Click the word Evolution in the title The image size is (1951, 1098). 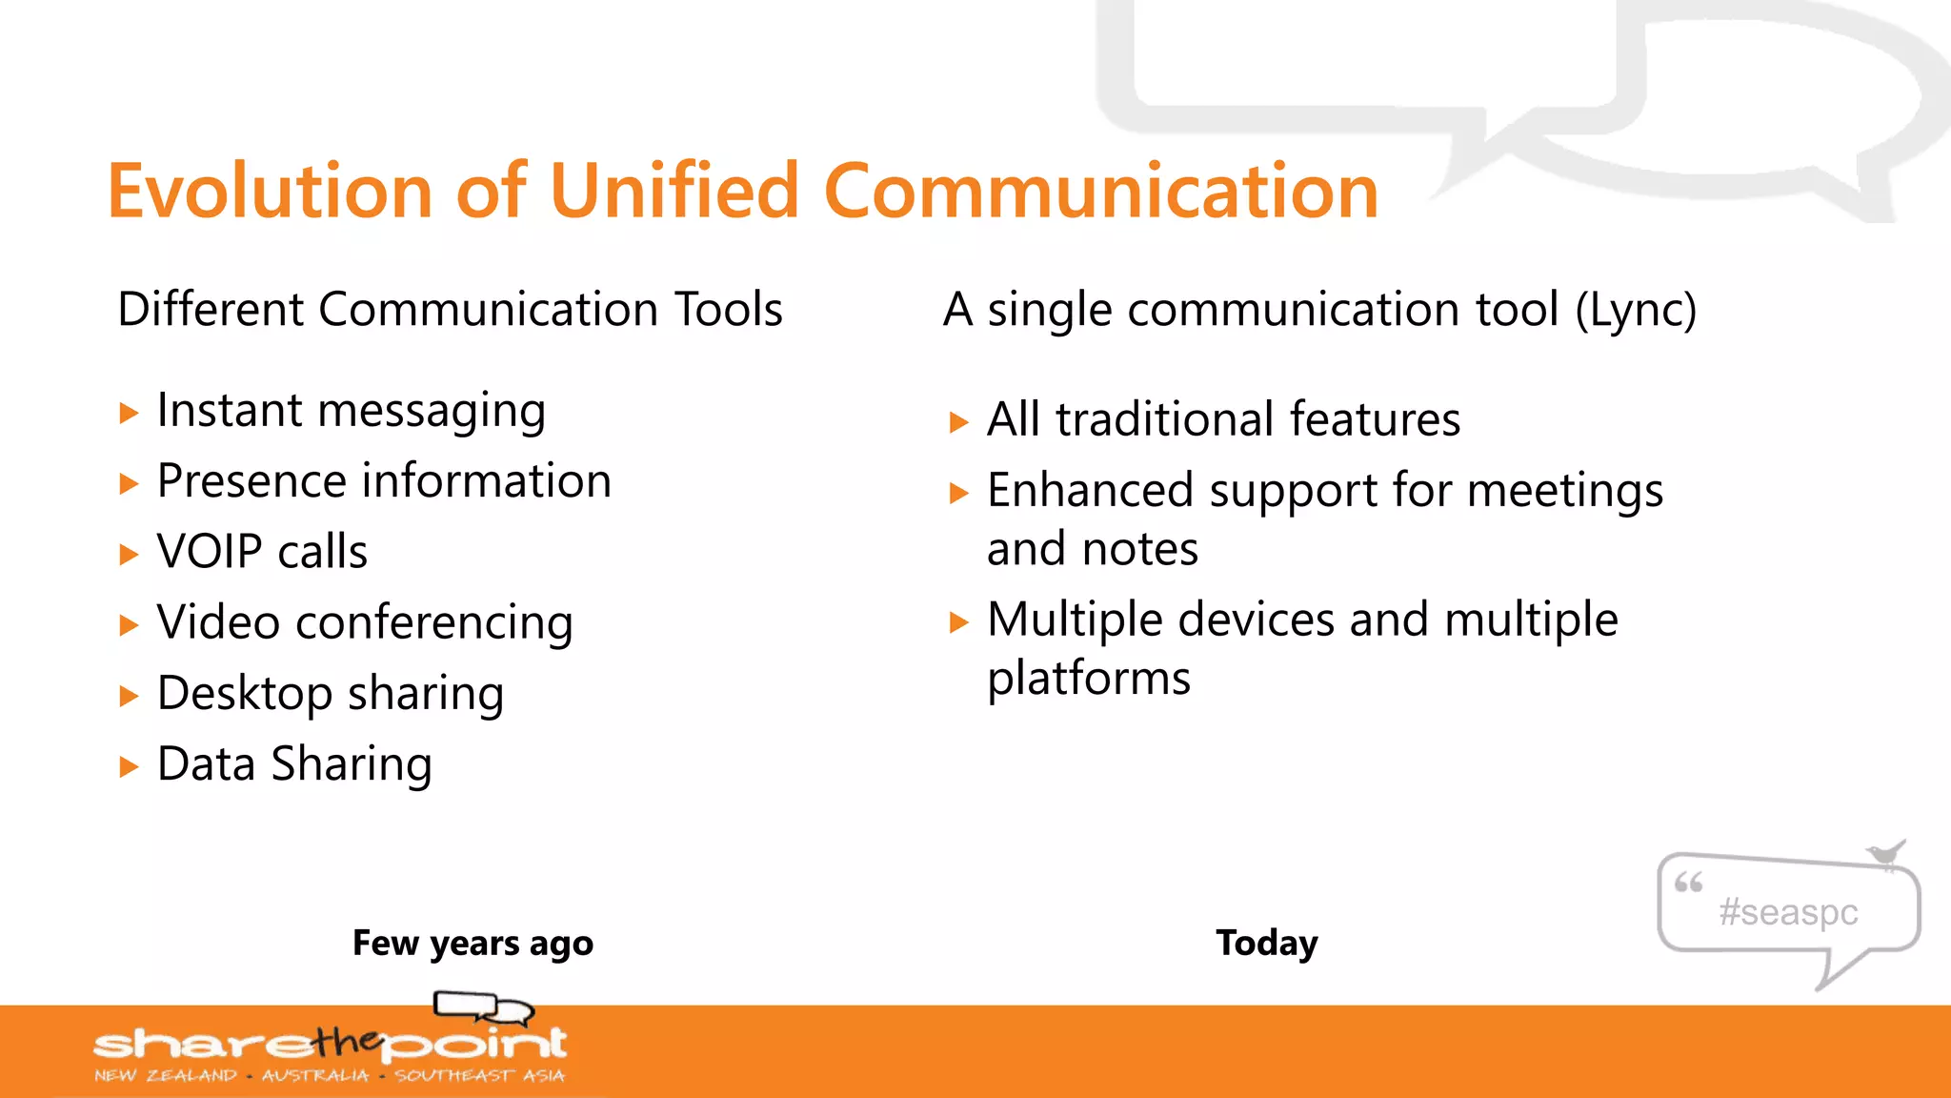coord(270,192)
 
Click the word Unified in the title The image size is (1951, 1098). coord(674,192)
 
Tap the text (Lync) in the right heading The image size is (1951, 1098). coord(1635,311)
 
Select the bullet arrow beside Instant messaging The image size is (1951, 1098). coord(129,414)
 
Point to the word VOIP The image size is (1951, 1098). coord(209,552)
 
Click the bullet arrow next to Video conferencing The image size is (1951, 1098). coord(129,626)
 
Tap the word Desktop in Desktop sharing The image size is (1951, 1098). coord(244,693)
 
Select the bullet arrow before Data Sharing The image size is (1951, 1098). coord(129,767)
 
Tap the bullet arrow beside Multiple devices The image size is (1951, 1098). coord(958,623)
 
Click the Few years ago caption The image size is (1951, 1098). coord(473,943)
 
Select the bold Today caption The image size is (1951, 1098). coord(1266,943)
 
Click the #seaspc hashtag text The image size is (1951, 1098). coord(1788,912)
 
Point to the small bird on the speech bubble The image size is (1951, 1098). coord(1885,853)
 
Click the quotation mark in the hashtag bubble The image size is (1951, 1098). coord(1688,883)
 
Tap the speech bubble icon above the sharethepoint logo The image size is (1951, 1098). coord(483,1006)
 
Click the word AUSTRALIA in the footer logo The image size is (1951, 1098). coord(315,1076)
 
